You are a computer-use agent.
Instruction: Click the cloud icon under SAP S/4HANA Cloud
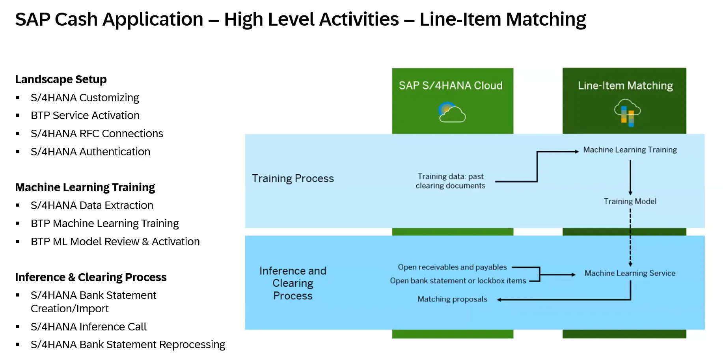452,112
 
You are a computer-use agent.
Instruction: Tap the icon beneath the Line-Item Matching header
627,113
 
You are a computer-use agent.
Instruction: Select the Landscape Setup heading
61,79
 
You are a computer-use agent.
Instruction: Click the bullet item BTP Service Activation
85,116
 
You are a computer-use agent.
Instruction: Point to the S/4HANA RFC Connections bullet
97,134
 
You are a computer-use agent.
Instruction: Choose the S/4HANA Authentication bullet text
90,152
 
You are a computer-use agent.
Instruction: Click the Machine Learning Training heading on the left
85,187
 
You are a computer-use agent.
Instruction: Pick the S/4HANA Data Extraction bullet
92,205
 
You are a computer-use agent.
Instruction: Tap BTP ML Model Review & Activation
115,242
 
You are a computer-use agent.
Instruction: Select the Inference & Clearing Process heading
91,277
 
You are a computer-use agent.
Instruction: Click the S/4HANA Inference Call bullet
89,327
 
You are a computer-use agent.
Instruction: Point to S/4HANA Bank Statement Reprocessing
128,345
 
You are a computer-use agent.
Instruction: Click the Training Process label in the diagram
293,179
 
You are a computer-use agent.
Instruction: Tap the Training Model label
630,201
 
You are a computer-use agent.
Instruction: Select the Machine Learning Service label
630,273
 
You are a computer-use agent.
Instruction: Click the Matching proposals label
452,299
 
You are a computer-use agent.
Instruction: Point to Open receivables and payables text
452,267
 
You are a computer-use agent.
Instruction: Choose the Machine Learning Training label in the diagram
630,150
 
